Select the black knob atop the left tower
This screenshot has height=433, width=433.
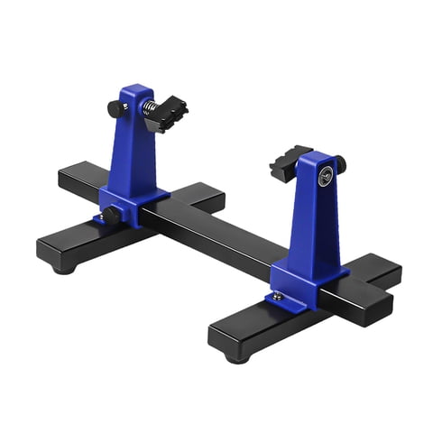point(115,109)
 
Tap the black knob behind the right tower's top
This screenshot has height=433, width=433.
point(340,163)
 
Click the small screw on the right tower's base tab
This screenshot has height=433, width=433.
point(278,296)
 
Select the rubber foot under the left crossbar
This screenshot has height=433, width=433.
point(63,267)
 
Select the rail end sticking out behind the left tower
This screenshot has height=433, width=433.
point(77,176)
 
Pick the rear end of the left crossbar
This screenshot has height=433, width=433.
point(206,193)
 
